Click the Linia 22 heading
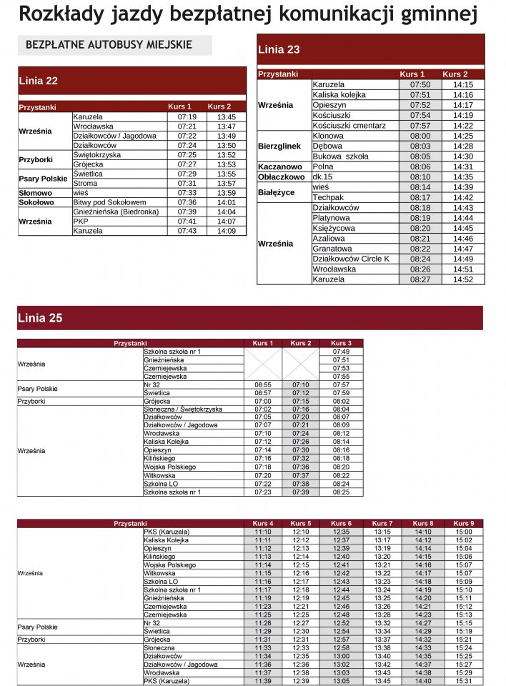click(39, 81)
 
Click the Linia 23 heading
click(279, 50)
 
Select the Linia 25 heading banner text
click(39, 318)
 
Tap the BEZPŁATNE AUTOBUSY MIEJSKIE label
click(109, 44)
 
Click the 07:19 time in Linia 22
click(187, 116)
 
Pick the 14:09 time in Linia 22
click(227, 231)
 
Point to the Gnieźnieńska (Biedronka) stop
click(116, 212)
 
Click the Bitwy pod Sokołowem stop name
click(109, 202)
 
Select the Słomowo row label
click(35, 193)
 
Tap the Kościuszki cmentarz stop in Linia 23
click(349, 125)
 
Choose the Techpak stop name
click(328, 197)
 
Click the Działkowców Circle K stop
click(352, 259)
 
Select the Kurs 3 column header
click(341, 344)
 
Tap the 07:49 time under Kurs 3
click(341, 352)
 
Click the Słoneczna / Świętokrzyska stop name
click(183, 409)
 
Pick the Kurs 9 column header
click(463, 524)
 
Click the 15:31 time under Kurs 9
click(463, 681)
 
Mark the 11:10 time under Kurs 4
click(262, 532)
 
